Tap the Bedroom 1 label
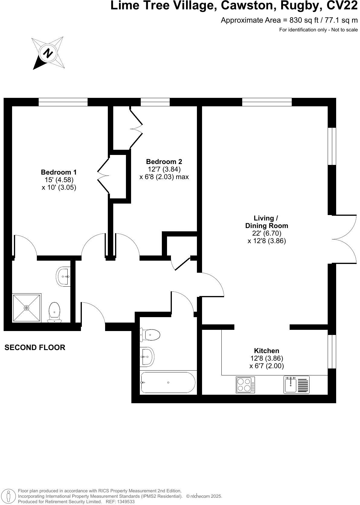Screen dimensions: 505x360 point(59,172)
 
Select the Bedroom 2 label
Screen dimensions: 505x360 point(164,161)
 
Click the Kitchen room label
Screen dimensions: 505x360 point(266,351)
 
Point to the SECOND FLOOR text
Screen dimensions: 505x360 point(35,347)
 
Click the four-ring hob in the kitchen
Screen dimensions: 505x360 point(245,385)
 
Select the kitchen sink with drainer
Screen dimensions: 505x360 point(297,384)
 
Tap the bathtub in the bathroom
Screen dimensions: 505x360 point(168,383)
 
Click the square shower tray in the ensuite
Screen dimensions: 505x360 point(27,307)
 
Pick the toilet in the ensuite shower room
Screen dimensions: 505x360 point(54,311)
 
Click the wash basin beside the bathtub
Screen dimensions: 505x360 point(147,356)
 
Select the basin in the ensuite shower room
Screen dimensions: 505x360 point(63,276)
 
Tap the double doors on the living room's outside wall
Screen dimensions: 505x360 point(344,239)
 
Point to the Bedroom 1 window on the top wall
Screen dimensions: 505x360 point(63,102)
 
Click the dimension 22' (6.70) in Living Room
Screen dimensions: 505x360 point(267,233)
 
